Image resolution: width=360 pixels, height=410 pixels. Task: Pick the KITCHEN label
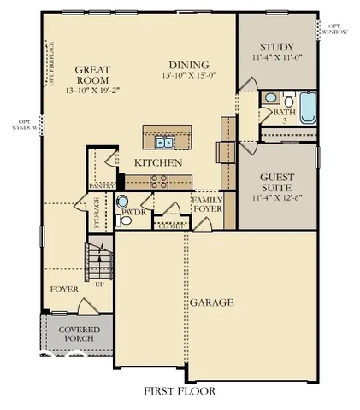tap(157, 162)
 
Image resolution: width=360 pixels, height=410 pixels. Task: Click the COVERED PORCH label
tap(79, 334)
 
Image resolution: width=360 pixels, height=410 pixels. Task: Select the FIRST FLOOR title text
tap(180, 391)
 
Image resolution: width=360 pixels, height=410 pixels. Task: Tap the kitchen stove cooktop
tap(158, 180)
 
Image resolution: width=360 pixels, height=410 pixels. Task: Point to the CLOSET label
tap(168, 226)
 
